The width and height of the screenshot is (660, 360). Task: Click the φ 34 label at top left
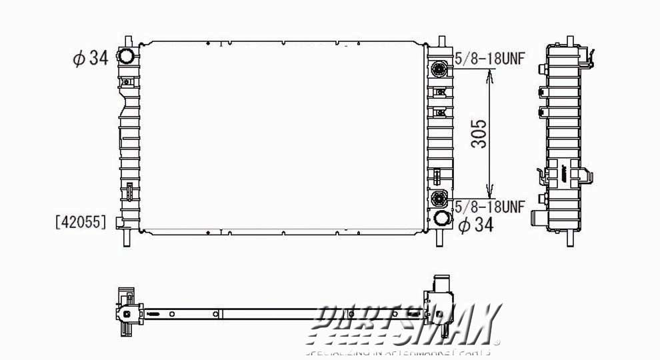[90, 59]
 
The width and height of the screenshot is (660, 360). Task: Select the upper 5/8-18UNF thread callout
[490, 59]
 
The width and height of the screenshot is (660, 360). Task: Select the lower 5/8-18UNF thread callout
[490, 206]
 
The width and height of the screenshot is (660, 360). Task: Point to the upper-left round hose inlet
[125, 55]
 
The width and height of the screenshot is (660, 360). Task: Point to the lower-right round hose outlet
[441, 219]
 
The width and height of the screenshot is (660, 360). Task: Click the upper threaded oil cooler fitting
[439, 69]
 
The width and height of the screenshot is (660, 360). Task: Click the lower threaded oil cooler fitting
[439, 197]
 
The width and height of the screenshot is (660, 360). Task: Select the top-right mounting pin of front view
[441, 41]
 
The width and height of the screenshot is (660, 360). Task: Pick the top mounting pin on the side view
[571, 41]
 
